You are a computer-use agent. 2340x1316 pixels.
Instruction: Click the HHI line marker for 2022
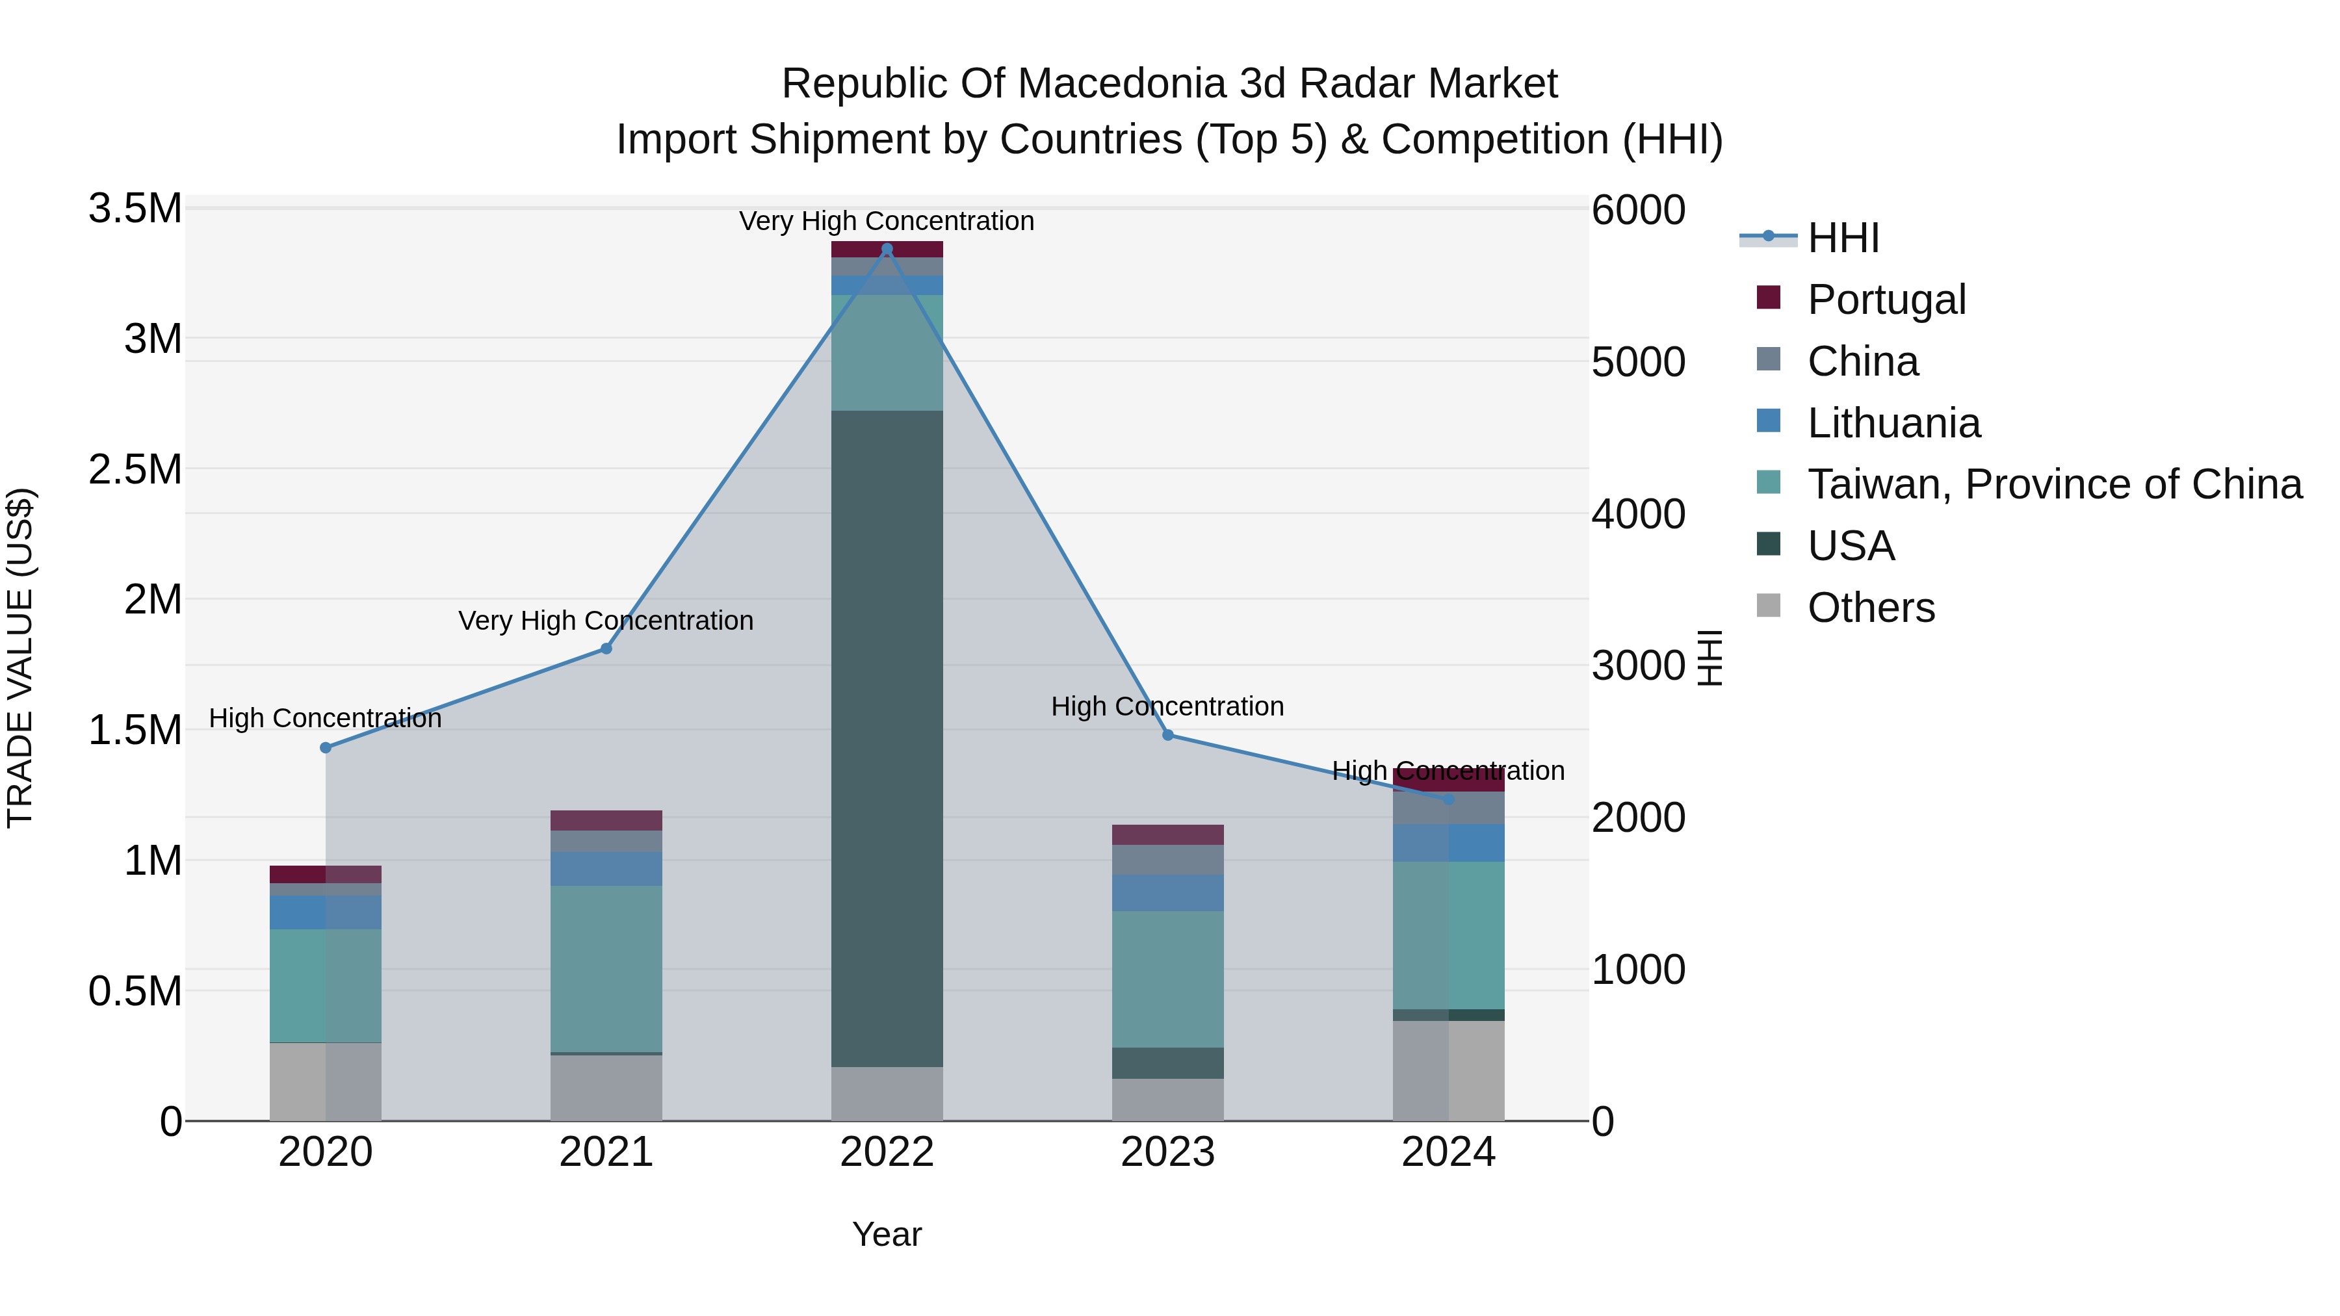[887, 249]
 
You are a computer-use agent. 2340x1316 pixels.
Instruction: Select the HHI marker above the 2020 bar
[325, 747]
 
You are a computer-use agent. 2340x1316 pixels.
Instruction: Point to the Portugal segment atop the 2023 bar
[1167, 834]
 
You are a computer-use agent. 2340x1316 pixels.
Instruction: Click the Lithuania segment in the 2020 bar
[325, 912]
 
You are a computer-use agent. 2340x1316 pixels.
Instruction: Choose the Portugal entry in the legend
[1886, 300]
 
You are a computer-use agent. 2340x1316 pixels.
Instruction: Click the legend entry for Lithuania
[1893, 423]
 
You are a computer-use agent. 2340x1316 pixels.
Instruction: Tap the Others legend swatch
[1768, 606]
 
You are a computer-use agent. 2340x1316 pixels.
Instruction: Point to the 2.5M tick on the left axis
[135, 470]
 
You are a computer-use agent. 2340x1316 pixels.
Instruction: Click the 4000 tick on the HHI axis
[1639, 514]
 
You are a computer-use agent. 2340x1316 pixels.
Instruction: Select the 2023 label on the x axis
[1167, 1152]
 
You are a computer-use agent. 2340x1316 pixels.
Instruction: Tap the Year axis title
[887, 1234]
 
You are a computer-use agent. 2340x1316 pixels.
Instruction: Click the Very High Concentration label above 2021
[606, 621]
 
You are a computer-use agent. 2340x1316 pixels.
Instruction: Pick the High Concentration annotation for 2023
[1167, 706]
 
